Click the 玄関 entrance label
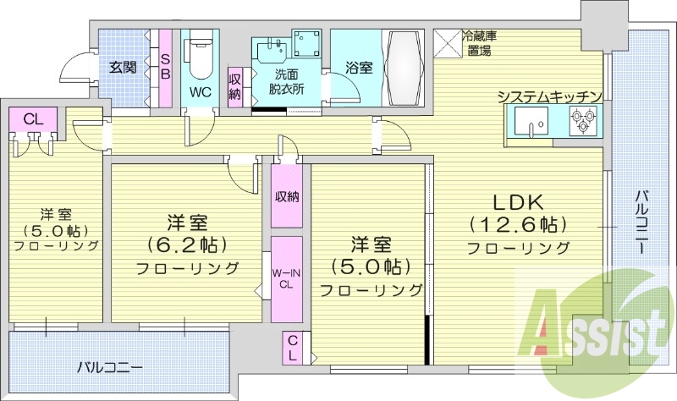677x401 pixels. point(123,68)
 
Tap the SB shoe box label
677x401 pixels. point(165,67)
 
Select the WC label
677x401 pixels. point(201,91)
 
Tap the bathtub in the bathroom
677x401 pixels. point(406,68)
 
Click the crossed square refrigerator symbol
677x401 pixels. point(446,42)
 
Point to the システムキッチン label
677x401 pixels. point(550,96)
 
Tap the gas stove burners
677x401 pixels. point(582,126)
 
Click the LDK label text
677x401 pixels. point(519,203)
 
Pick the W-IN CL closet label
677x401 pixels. point(286,278)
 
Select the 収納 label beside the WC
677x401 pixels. point(235,87)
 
